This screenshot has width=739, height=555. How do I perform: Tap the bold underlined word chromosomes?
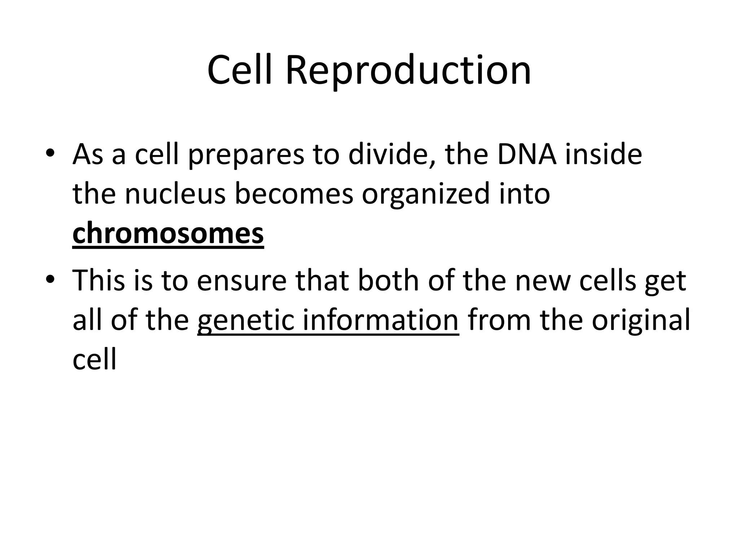(x=168, y=233)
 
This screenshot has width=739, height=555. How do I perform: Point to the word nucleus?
(x=175, y=194)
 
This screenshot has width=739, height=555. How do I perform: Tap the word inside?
(x=603, y=154)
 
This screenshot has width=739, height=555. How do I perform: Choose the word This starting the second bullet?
(x=99, y=280)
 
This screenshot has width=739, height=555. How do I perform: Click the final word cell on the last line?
(x=95, y=360)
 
